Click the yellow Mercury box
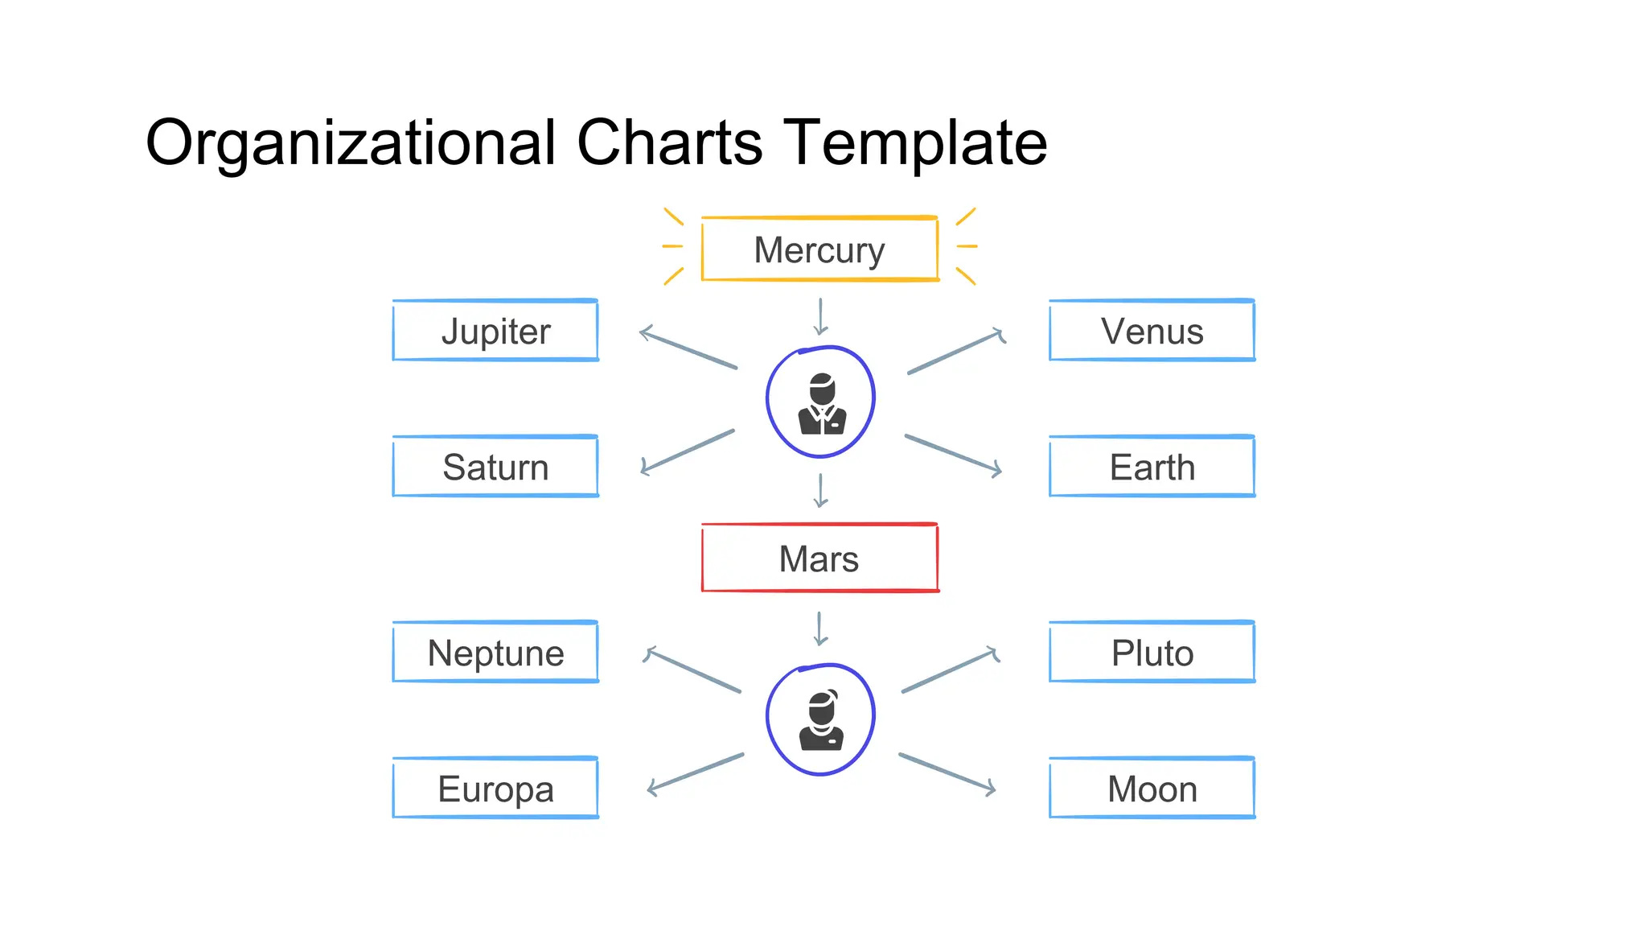tap(819, 249)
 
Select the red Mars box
tap(819, 558)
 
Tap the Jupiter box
tap(495, 331)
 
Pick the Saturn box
tap(495, 467)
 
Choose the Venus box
tap(1152, 331)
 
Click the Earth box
tap(1152, 467)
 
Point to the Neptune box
tap(495, 653)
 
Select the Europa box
tap(495, 789)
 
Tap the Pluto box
tap(1152, 653)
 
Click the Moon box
tap(1152, 789)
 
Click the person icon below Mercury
tap(820, 402)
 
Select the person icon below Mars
tap(820, 719)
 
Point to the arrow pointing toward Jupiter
tap(688, 348)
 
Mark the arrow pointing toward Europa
tap(696, 774)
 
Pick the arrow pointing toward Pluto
tap(951, 670)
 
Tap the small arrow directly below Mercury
tap(820, 316)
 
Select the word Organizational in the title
tap(351, 142)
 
